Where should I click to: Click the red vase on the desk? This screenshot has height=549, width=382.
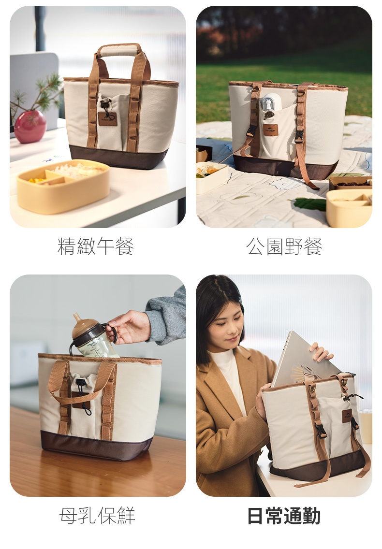click(x=30, y=127)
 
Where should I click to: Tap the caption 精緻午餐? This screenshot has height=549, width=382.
click(x=96, y=246)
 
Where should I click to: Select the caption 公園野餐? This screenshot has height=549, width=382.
click(x=284, y=246)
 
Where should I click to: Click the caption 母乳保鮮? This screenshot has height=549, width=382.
click(x=97, y=515)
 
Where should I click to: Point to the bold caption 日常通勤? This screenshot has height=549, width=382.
click(x=284, y=515)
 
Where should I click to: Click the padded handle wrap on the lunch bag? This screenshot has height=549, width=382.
click(x=119, y=50)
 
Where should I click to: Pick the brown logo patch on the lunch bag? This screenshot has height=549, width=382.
click(x=107, y=119)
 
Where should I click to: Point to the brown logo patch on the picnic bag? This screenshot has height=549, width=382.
click(x=271, y=130)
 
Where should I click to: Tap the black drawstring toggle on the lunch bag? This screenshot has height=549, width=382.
click(x=105, y=104)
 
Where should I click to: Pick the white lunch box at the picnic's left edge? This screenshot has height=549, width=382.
click(x=212, y=177)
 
